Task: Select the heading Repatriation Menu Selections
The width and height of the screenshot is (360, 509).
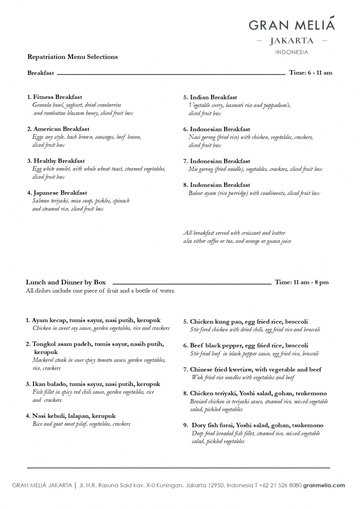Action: (x=72, y=57)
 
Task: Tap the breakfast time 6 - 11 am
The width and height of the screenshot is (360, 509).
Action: (x=311, y=73)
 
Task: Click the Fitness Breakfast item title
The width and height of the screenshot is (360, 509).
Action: (x=55, y=97)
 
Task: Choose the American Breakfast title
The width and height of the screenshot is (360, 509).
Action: (x=58, y=129)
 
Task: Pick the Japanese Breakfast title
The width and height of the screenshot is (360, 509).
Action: (x=57, y=193)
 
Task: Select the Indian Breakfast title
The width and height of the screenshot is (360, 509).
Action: (x=210, y=97)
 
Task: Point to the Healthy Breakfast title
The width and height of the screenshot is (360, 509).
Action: (x=56, y=161)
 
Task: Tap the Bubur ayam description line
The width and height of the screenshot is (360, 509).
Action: (x=254, y=193)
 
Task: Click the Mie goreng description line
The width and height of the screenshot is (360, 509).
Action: (x=255, y=169)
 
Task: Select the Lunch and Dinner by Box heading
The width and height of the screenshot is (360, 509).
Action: (x=66, y=282)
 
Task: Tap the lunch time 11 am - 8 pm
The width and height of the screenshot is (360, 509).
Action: (x=302, y=282)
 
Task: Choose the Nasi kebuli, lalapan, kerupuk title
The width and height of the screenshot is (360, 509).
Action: (x=71, y=416)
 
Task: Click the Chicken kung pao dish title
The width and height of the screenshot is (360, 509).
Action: (x=245, y=322)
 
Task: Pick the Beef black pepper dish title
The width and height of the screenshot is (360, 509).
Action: (x=245, y=346)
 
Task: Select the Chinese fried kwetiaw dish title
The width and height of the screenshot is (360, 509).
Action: (x=252, y=370)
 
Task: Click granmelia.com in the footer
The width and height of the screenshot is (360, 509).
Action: (x=324, y=485)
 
